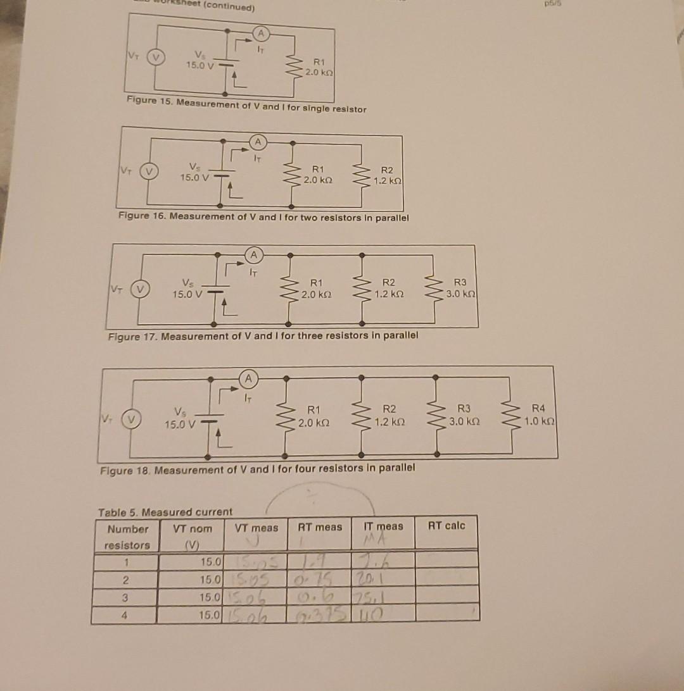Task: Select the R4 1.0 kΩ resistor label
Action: (538, 414)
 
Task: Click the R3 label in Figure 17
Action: (460, 289)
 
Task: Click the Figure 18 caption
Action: (258, 470)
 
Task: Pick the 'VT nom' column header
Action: (192, 528)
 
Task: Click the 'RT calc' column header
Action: (446, 526)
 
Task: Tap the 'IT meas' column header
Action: (383, 526)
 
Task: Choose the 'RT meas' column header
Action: (320, 527)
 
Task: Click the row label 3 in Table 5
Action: (127, 596)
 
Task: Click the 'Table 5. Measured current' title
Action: (165, 511)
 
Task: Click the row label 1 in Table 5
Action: (127, 561)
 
